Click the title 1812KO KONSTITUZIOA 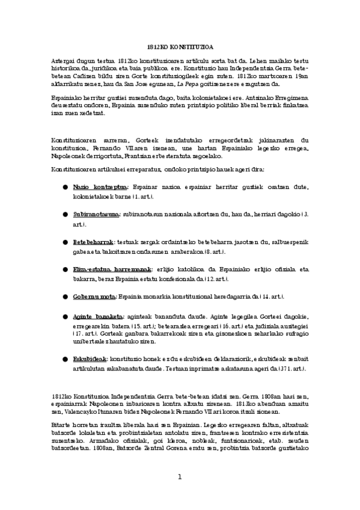coord(180,46)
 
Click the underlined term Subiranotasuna coord(96,214)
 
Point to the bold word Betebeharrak coord(93,241)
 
